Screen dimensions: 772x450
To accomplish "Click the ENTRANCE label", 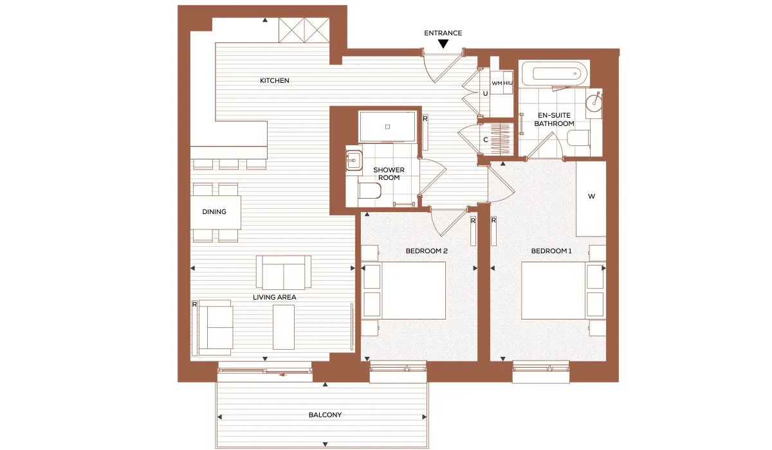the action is (x=443, y=33).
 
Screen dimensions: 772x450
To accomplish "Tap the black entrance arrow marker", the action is (x=443, y=44).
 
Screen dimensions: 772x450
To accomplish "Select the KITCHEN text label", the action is (x=274, y=80).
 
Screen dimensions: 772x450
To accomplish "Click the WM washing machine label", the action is (x=497, y=84).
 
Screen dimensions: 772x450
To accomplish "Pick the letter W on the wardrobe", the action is (x=591, y=196).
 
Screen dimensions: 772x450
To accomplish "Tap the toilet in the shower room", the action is (x=370, y=190).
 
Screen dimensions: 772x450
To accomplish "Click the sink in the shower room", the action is (x=354, y=161).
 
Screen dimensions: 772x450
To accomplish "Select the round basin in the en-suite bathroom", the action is (x=594, y=100).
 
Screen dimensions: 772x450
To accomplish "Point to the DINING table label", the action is (x=214, y=212).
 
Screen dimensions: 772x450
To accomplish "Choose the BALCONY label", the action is (x=325, y=415).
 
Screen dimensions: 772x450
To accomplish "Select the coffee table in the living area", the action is (x=284, y=327).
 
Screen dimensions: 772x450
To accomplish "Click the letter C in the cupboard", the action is (x=486, y=139).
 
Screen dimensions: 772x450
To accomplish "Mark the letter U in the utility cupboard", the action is (x=485, y=94).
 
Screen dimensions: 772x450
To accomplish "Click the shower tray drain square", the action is (x=387, y=127).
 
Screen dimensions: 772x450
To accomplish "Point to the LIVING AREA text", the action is (x=274, y=297).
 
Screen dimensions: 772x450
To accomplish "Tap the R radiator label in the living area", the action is (x=194, y=304).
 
